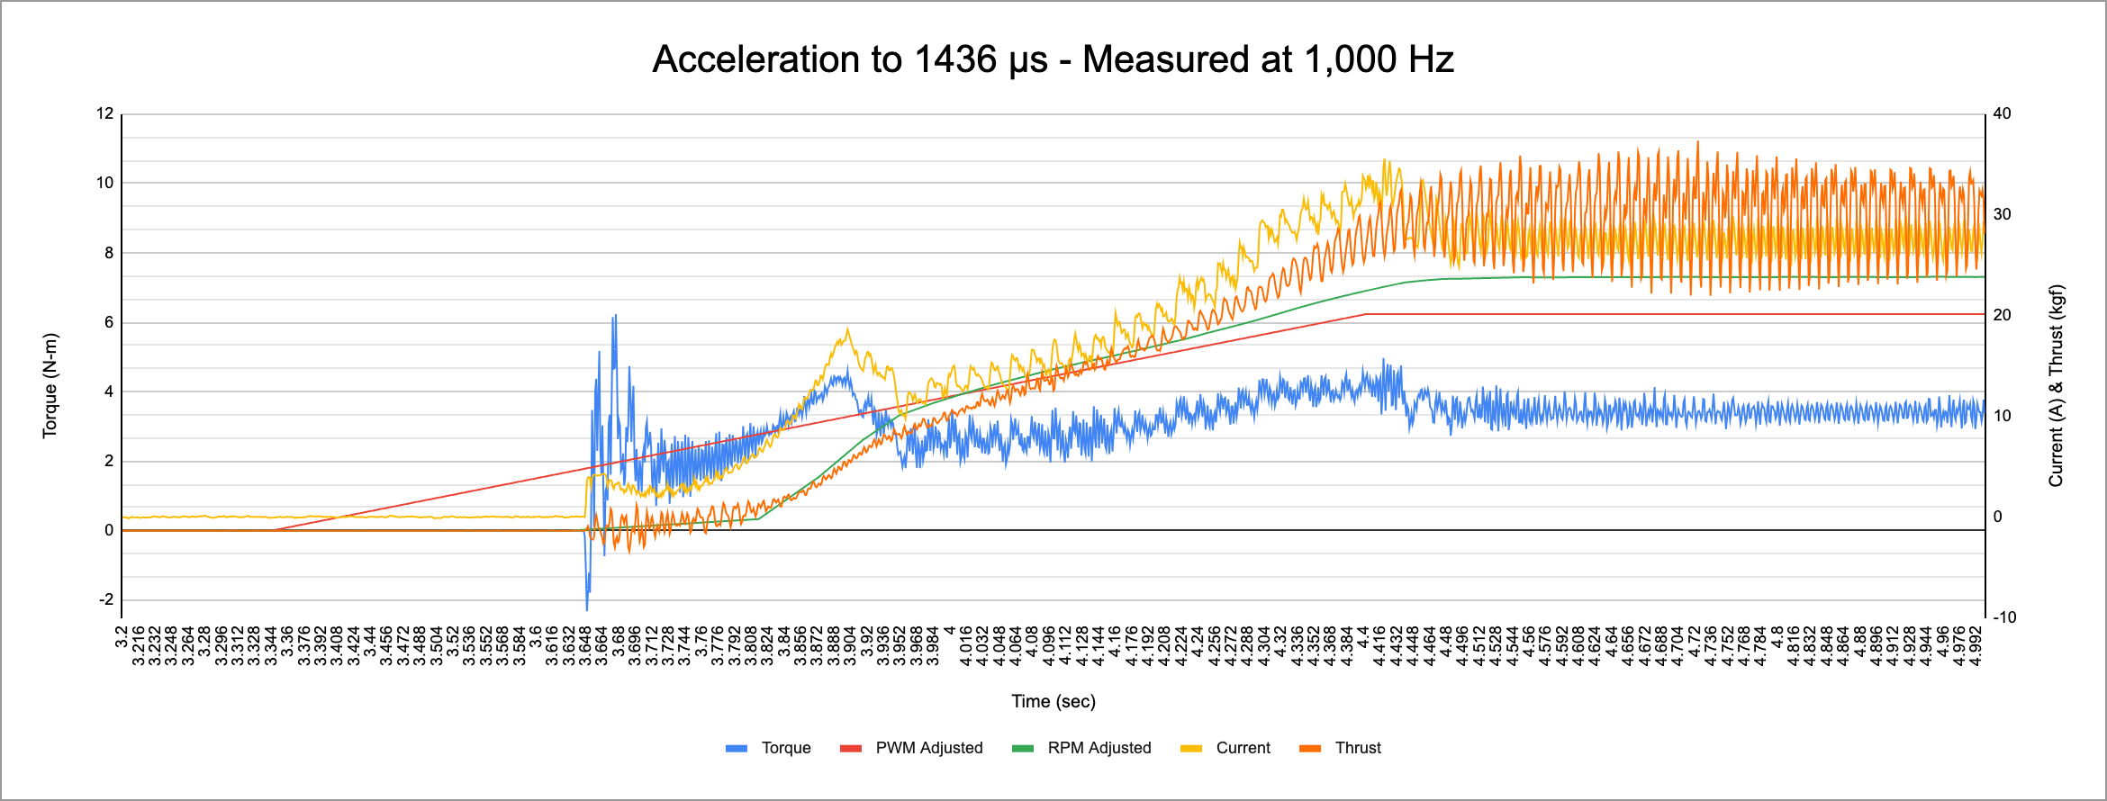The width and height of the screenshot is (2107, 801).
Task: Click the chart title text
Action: click(x=1053, y=59)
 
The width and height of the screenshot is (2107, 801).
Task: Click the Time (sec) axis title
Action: click(x=1053, y=701)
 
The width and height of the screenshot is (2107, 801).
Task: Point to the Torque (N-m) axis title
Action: click(x=50, y=385)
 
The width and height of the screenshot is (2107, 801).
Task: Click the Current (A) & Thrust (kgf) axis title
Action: click(x=2056, y=385)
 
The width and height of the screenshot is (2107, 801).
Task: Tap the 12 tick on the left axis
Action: click(x=105, y=113)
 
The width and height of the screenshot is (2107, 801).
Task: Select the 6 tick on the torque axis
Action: click(x=109, y=322)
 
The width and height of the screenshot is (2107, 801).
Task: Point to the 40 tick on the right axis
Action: click(x=2002, y=113)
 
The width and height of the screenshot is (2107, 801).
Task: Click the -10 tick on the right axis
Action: click(x=2004, y=617)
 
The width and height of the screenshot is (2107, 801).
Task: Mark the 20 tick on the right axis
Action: click(x=2002, y=315)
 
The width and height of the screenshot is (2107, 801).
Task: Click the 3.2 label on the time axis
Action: click(x=122, y=638)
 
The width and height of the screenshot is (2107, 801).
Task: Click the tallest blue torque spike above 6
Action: click(x=615, y=318)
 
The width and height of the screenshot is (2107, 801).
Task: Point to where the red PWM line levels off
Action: click(x=1366, y=314)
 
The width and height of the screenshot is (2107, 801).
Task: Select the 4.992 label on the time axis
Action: click(x=1976, y=646)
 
